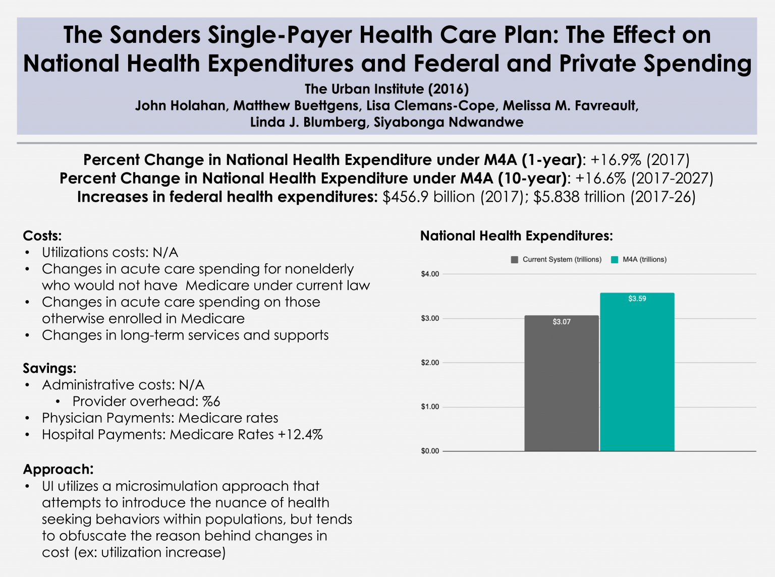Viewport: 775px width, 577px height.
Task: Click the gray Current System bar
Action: [x=562, y=383]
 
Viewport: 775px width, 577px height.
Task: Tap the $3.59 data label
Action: [x=637, y=299]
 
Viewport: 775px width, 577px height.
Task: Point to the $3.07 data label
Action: [x=562, y=322]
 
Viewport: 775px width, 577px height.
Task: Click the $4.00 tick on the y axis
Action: [x=430, y=274]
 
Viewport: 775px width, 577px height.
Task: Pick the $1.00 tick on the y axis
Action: [x=430, y=407]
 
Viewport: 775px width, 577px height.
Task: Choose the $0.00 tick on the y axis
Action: [x=430, y=451]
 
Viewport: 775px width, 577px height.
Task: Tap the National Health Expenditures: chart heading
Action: [x=516, y=236]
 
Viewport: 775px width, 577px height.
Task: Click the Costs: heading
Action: [x=42, y=236]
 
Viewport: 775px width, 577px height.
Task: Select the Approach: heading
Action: [x=58, y=469]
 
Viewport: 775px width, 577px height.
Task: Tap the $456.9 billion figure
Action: [x=428, y=197]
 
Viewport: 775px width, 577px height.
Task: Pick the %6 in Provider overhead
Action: [x=211, y=401]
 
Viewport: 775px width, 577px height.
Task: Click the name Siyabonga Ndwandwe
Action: [x=448, y=123]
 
